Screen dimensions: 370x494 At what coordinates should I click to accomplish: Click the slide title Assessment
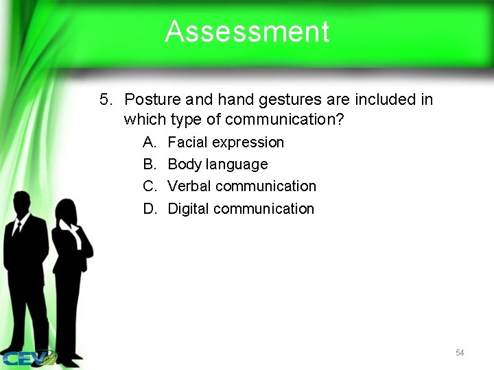point(247,32)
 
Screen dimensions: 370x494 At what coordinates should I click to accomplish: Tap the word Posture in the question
point(150,100)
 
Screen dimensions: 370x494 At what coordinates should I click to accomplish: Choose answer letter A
point(149,143)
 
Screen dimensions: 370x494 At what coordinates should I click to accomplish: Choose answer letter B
point(149,164)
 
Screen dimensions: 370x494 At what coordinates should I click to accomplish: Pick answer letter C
point(149,186)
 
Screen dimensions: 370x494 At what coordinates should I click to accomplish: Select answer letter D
point(149,208)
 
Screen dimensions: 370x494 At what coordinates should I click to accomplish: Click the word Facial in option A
point(187,143)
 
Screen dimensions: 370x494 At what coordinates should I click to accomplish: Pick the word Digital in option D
point(189,208)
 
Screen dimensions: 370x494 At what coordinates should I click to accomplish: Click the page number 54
point(460,353)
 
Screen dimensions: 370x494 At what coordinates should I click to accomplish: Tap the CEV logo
point(27,358)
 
